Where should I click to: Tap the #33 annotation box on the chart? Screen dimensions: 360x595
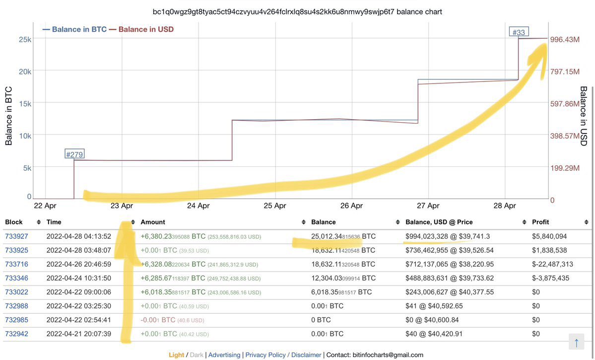click(x=518, y=32)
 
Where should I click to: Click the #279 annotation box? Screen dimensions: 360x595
click(x=74, y=154)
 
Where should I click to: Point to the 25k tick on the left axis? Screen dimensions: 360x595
click(x=25, y=39)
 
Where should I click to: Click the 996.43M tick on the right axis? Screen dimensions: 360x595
click(x=565, y=39)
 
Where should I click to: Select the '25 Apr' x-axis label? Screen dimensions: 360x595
click(x=275, y=206)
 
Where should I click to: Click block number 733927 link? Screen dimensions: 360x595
click(x=16, y=236)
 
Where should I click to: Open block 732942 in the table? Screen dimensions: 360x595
click(x=16, y=334)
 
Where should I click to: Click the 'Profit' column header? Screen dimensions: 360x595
click(x=540, y=222)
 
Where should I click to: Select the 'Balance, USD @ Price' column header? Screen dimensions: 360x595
click(x=439, y=222)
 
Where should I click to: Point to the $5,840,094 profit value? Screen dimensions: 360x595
click(x=549, y=236)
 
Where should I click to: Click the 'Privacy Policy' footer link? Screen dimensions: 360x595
click(x=265, y=355)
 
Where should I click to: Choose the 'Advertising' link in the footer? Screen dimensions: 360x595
click(x=224, y=355)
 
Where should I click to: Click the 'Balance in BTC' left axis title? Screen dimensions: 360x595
click(x=9, y=116)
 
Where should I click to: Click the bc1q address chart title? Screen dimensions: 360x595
click(x=297, y=11)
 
